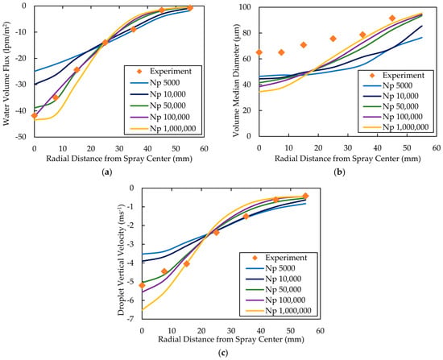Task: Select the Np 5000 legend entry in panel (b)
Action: tap(387, 85)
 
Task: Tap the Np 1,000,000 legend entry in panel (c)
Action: tap(279, 311)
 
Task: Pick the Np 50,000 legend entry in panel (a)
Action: tap(158, 106)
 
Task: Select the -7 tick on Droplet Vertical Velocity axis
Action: tap(130, 319)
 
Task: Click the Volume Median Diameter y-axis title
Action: tap(236, 81)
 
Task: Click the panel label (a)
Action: tap(106, 172)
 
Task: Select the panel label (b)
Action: tap(339, 172)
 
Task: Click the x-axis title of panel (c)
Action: tap(231, 339)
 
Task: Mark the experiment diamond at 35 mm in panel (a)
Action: tap(134, 29)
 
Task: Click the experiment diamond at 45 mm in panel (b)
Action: tap(392, 18)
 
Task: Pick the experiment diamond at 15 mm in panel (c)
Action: tap(187, 263)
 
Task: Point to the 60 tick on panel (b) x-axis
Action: tap(437, 147)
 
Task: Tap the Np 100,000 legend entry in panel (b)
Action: tap(393, 117)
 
